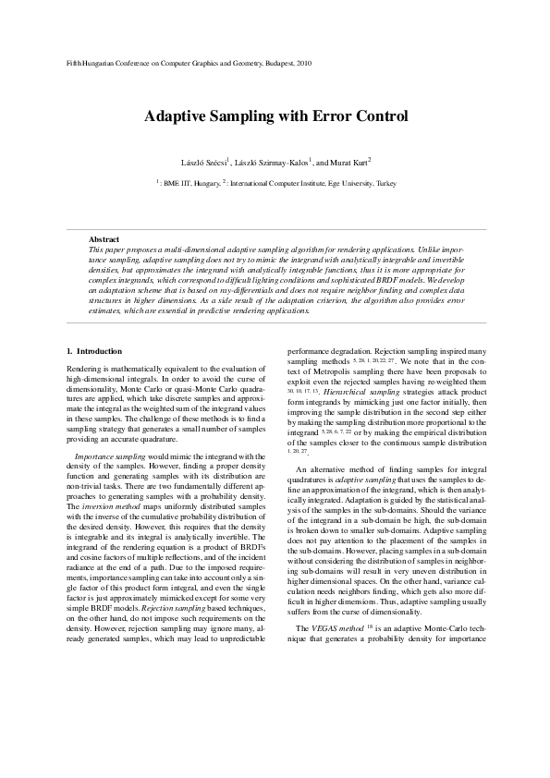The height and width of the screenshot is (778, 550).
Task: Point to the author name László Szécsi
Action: (x=204, y=162)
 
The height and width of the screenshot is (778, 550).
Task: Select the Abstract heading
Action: (x=104, y=240)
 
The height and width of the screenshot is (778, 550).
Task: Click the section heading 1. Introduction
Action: (x=95, y=351)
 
